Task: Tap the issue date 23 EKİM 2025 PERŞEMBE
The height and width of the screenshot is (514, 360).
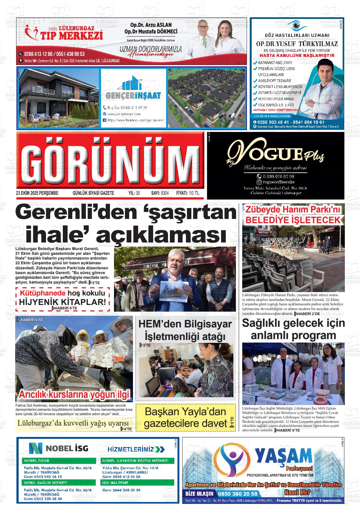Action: click(x=37, y=193)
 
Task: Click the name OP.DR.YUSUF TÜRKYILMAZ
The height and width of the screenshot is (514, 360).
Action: click(x=297, y=44)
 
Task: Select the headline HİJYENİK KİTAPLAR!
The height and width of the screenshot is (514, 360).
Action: click(x=63, y=302)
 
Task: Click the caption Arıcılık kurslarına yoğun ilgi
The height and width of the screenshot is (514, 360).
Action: click(x=74, y=394)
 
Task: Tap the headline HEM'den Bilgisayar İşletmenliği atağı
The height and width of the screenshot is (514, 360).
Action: click(x=185, y=330)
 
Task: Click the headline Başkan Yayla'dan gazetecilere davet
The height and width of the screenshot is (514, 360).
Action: click(x=185, y=417)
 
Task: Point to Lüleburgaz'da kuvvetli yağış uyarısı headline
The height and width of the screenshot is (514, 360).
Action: click(x=73, y=423)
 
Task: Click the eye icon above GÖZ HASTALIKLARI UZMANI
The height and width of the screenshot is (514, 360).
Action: click(x=296, y=25)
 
